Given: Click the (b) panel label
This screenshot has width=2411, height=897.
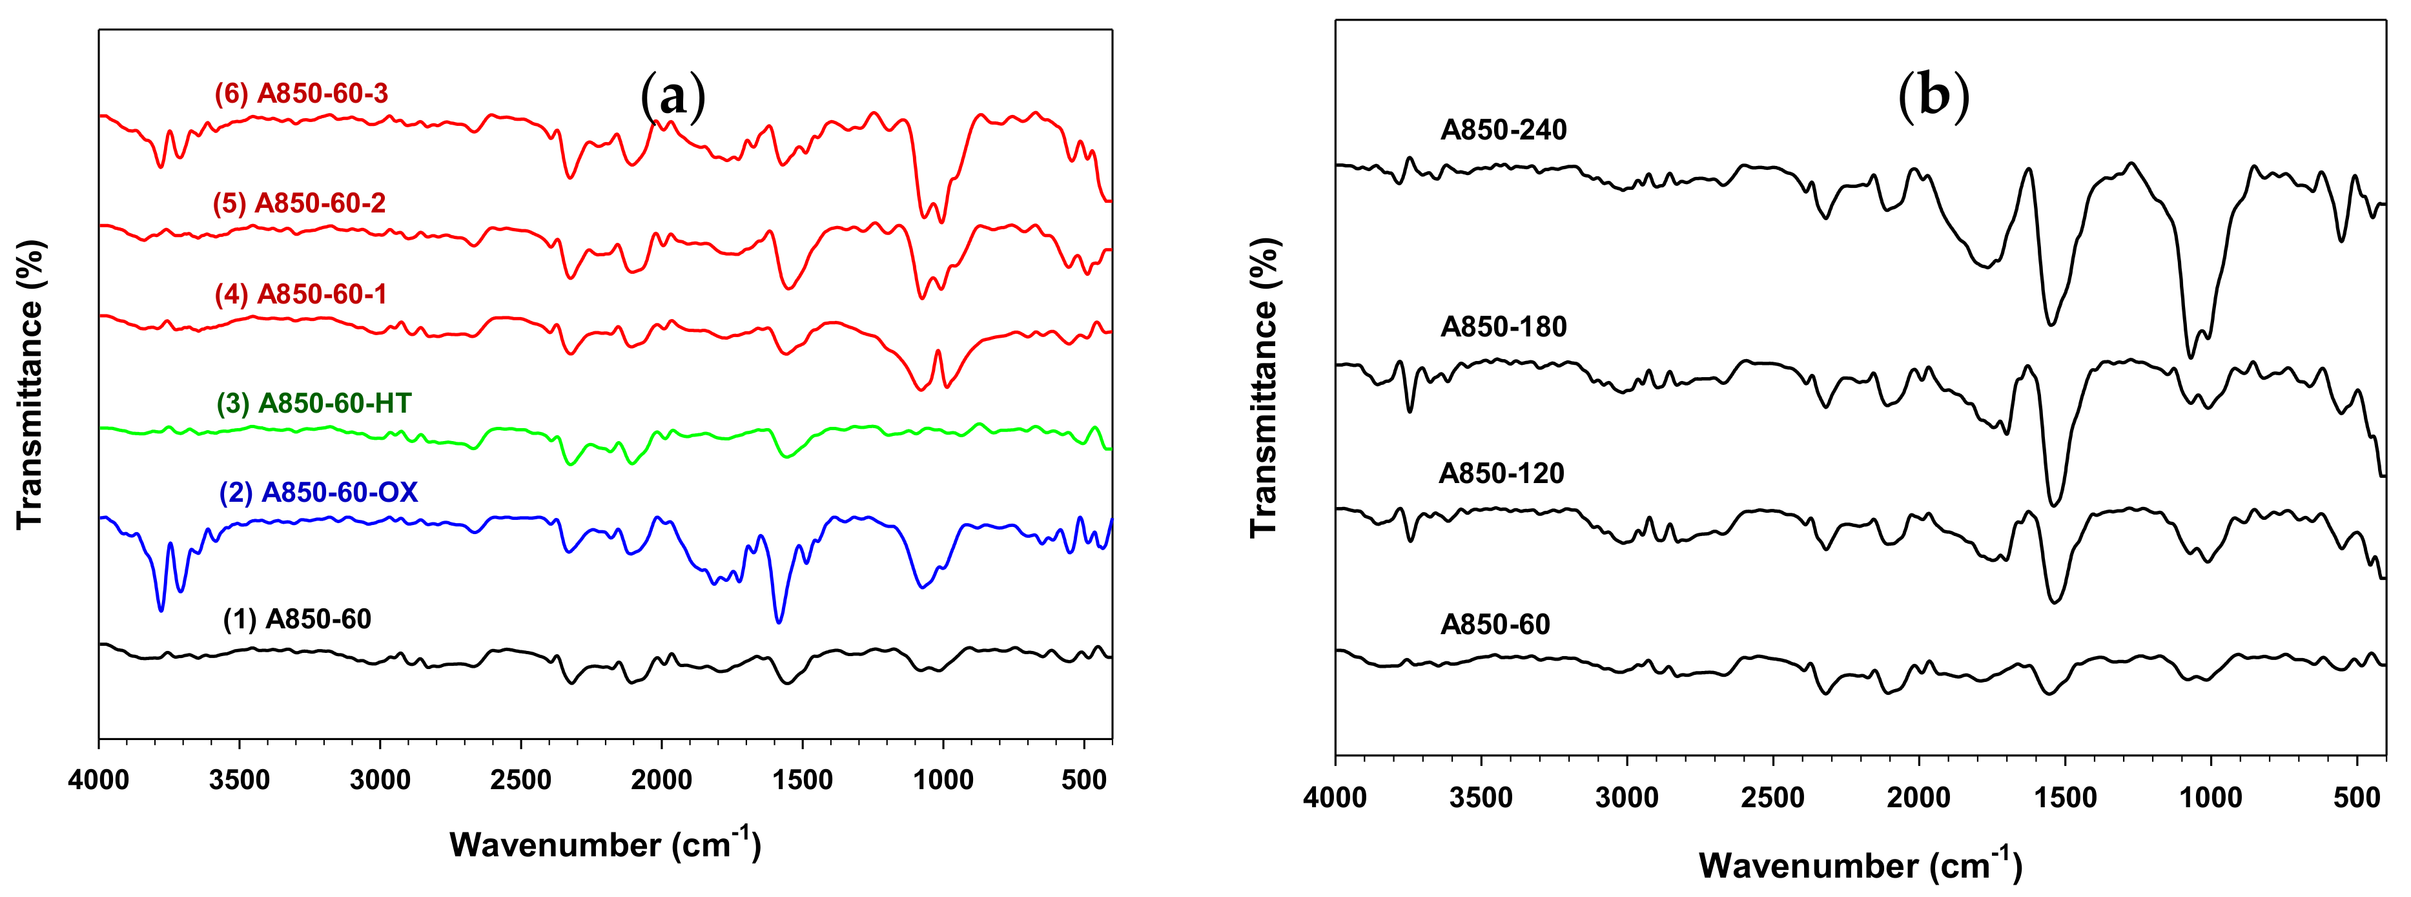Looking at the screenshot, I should click(x=1934, y=96).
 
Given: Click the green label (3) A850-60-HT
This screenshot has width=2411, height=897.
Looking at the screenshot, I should click(x=314, y=404).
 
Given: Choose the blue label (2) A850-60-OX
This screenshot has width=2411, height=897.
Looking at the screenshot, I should click(x=318, y=493).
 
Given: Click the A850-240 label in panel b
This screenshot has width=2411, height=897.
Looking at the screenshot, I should click(x=1503, y=130).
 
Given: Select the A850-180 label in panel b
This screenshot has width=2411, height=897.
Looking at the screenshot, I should click(x=1503, y=327).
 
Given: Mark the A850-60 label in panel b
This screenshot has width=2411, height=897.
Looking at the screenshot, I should click(x=1495, y=624).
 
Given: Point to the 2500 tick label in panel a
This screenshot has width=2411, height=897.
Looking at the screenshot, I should click(x=520, y=780).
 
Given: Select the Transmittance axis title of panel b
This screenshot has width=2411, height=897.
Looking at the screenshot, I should click(x=1264, y=387).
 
